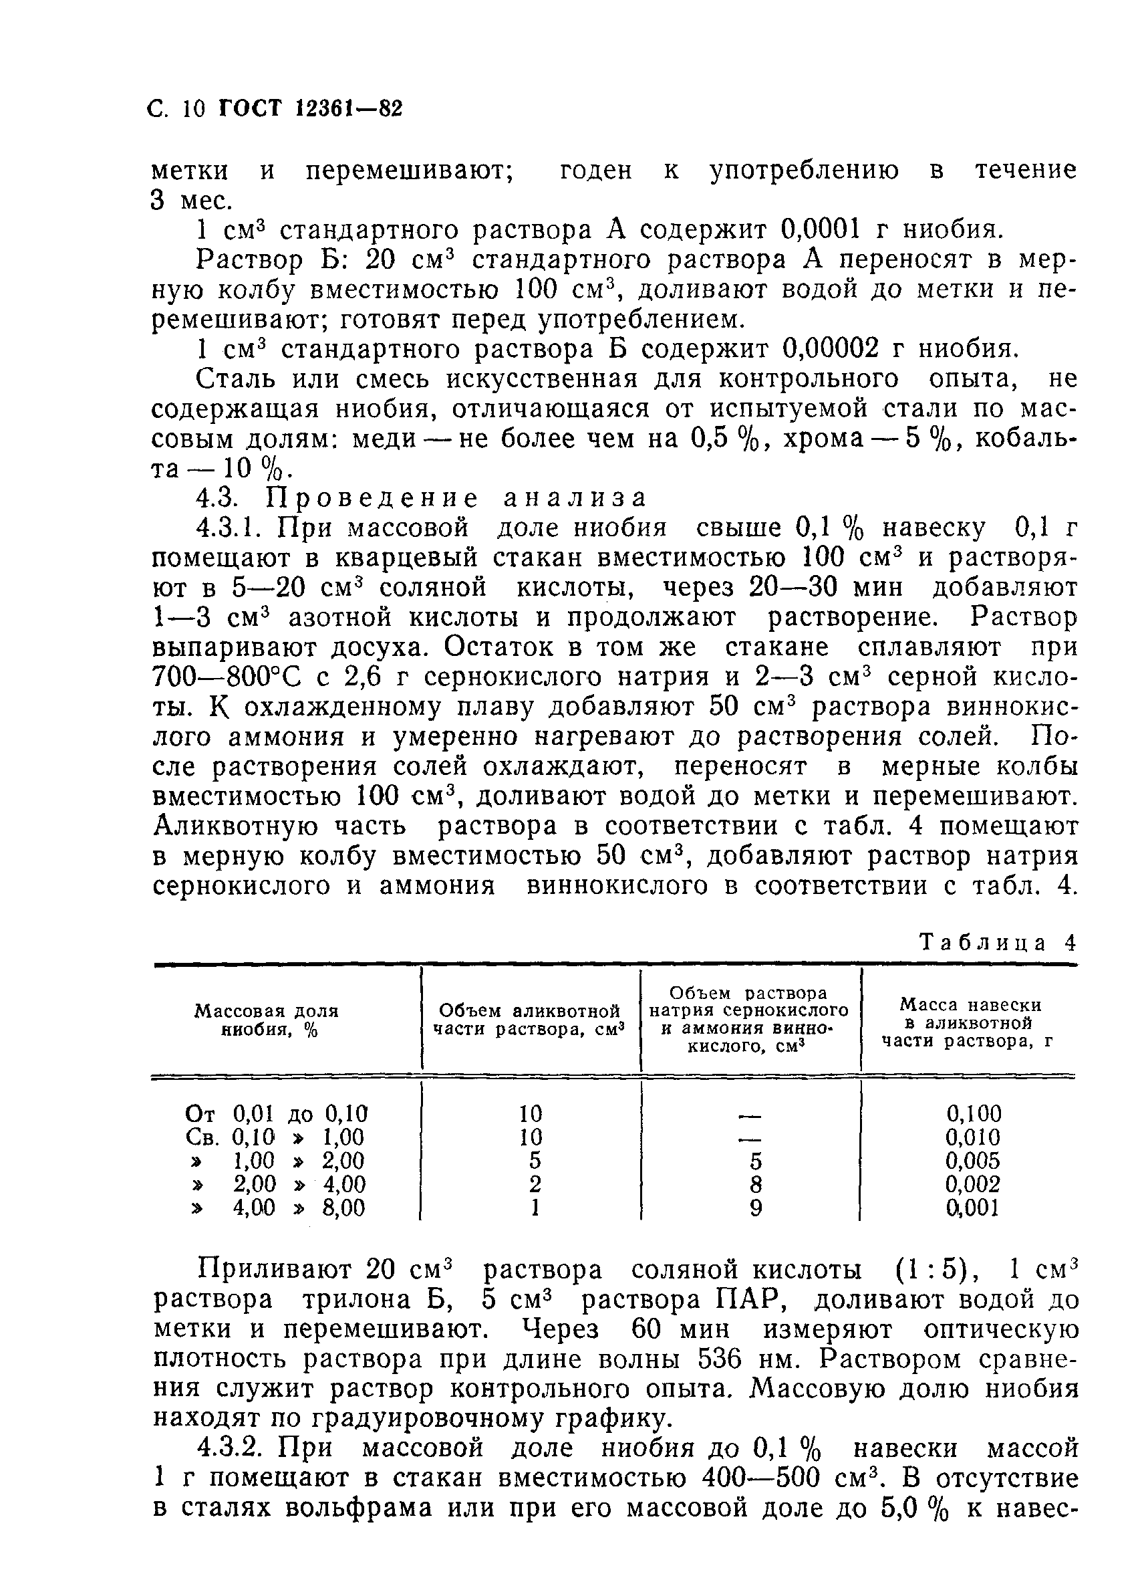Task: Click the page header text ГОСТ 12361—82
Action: click(x=311, y=110)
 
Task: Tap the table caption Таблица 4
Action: click(x=997, y=943)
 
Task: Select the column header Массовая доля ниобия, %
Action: click(x=266, y=1020)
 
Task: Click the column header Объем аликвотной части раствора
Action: click(x=530, y=1020)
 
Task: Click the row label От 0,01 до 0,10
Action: click(x=277, y=1114)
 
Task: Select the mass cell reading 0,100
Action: click(x=973, y=1114)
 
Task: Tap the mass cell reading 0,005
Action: click(x=973, y=1161)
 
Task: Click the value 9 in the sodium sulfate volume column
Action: click(x=756, y=1208)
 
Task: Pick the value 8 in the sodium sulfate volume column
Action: click(x=756, y=1185)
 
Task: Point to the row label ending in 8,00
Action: click(x=278, y=1208)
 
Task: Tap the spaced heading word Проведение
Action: click(x=372, y=498)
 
